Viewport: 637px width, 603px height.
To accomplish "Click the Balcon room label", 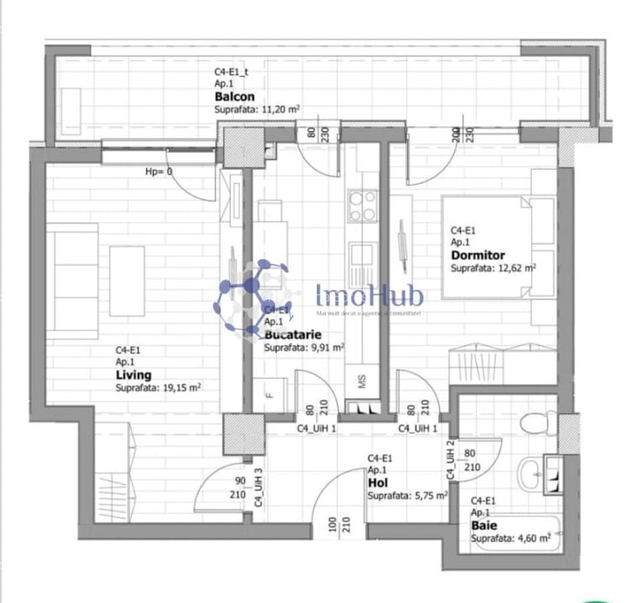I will [234, 96].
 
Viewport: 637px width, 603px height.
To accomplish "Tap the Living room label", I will [133, 375].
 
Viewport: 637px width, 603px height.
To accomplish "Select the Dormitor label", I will [478, 255].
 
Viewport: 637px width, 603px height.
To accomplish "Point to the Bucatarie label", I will [293, 334].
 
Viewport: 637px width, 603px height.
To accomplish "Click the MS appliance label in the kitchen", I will [362, 382].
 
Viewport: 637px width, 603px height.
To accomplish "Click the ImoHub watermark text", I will [369, 295].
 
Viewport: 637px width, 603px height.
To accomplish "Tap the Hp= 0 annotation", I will [159, 172].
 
